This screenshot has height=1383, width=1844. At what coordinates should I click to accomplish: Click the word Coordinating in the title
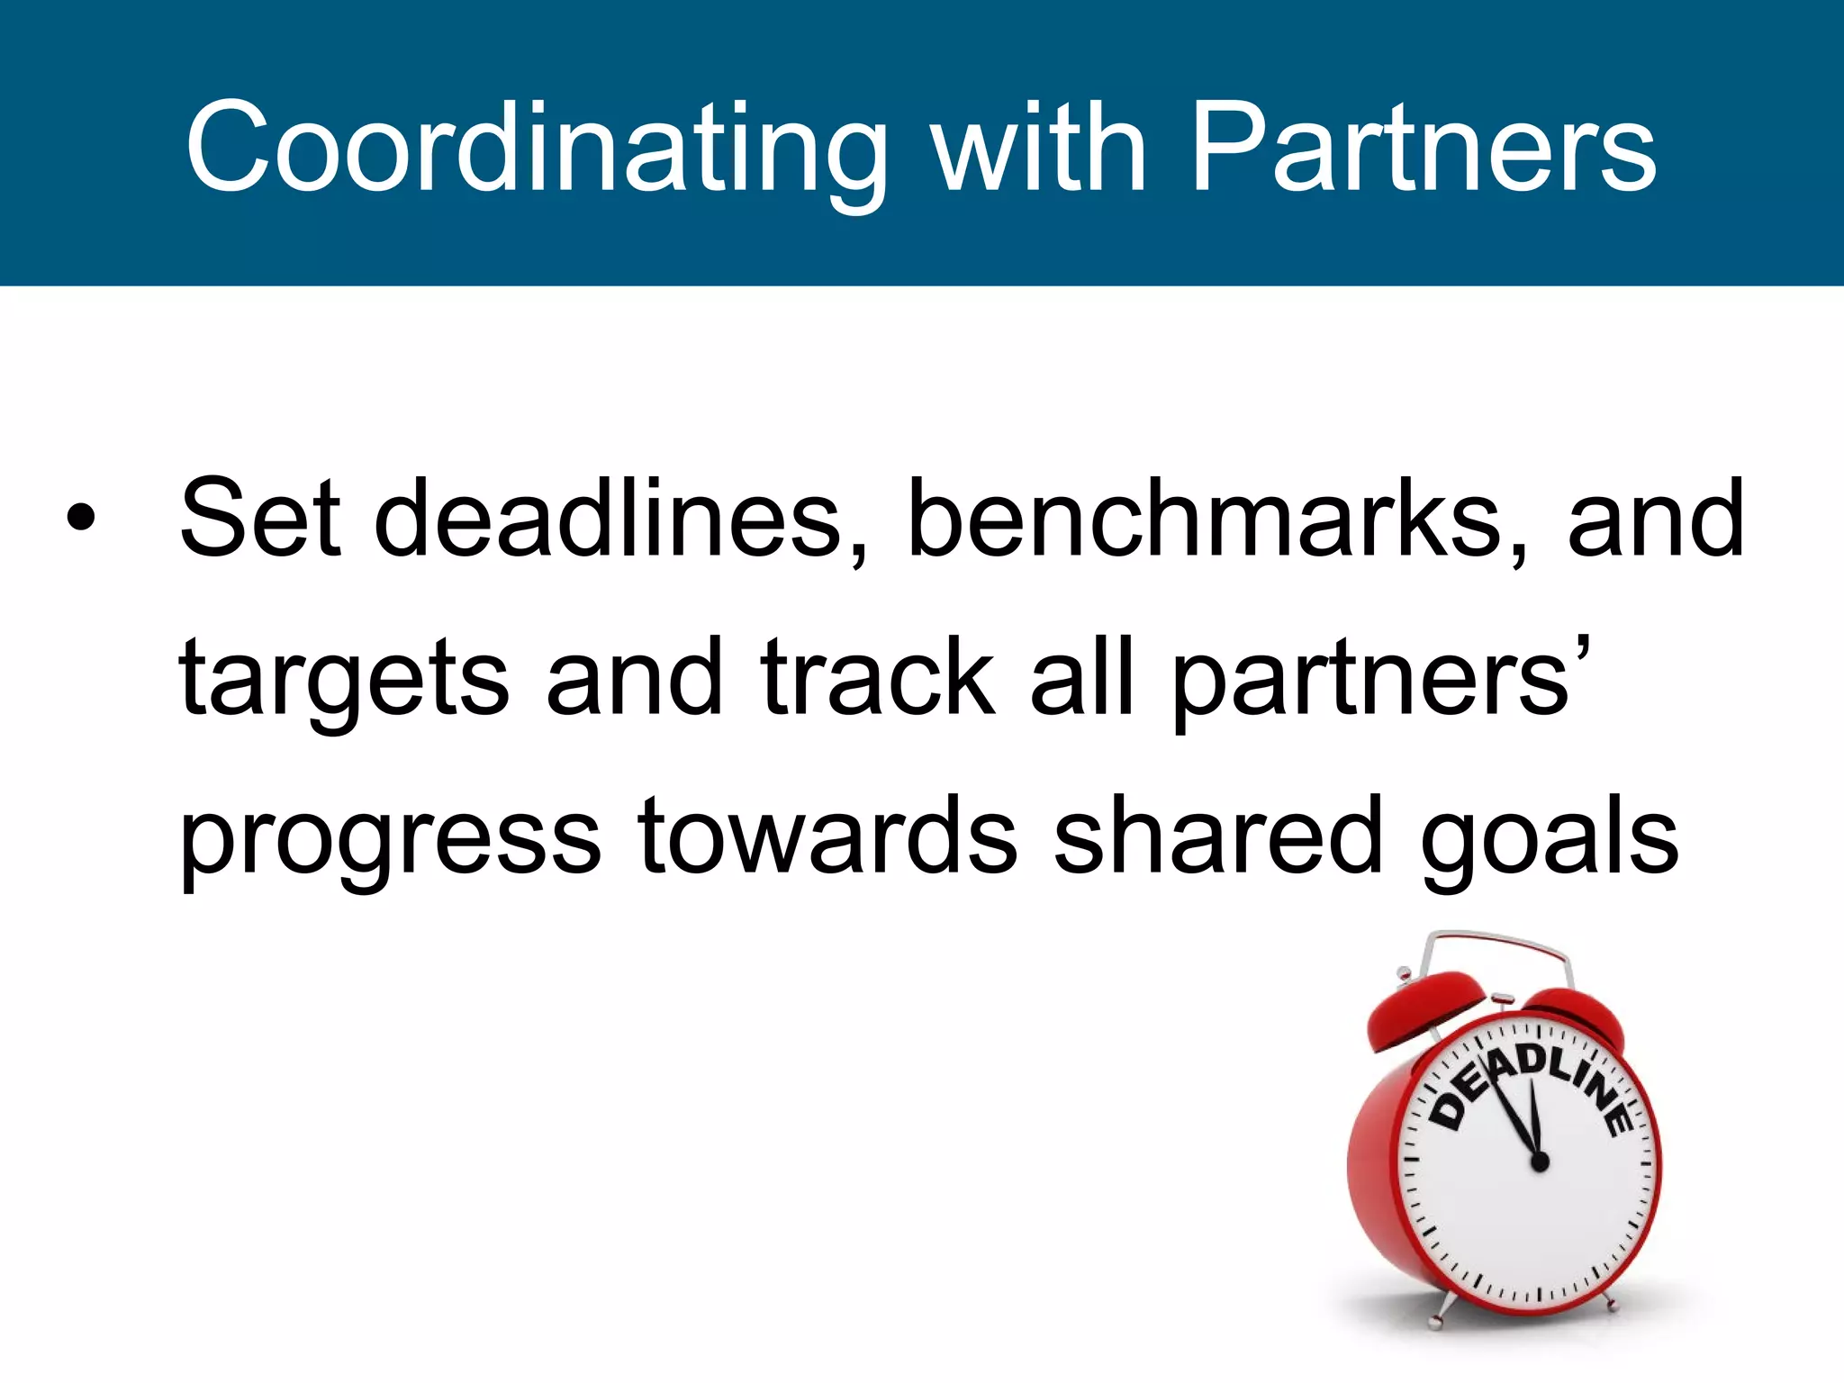click(x=536, y=149)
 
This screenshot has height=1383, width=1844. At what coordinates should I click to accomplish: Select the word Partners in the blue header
click(x=1423, y=149)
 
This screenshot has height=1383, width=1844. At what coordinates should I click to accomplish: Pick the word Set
click(x=260, y=518)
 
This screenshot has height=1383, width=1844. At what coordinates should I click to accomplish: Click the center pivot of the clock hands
click(x=1540, y=1162)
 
